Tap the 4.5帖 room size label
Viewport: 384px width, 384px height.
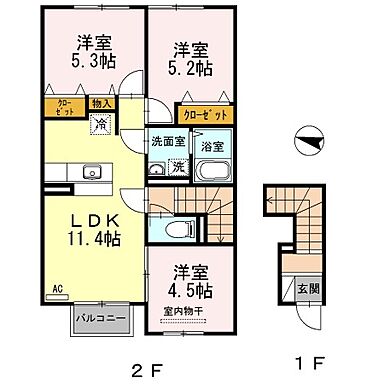pyautogui.click(x=190, y=290)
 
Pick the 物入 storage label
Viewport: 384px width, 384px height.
pyautogui.click(x=101, y=103)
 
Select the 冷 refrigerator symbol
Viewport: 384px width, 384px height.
pyautogui.click(x=101, y=123)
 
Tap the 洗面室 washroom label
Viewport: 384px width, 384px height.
pyautogui.click(x=167, y=141)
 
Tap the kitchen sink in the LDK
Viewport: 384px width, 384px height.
pyautogui.click(x=94, y=169)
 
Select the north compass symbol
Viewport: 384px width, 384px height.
pyautogui.click(x=311, y=143)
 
